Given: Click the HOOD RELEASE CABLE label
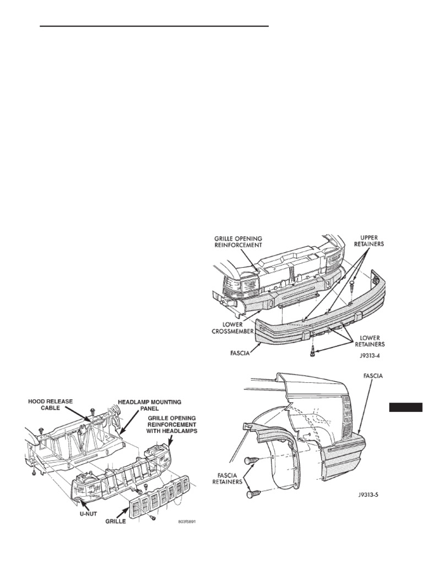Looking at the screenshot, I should [x=51, y=406].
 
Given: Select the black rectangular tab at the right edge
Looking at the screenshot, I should [x=406, y=407].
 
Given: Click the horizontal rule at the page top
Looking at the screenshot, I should [x=154, y=26].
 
